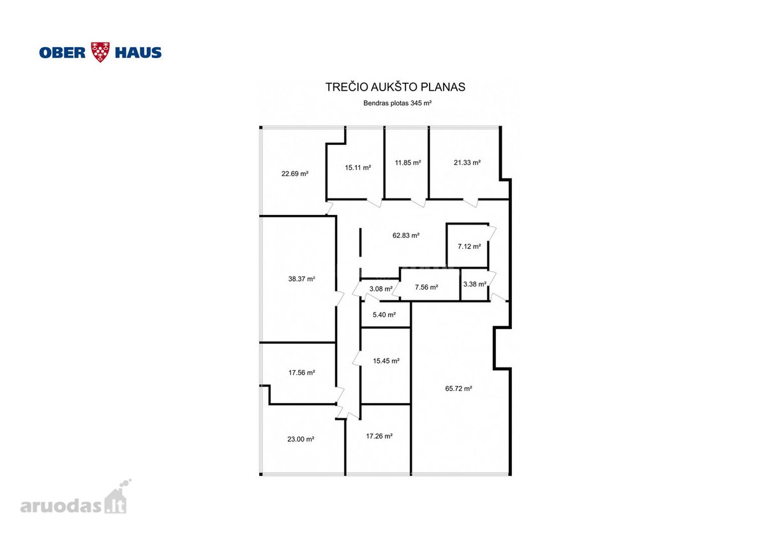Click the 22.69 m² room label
click(x=295, y=174)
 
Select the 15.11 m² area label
click(x=357, y=167)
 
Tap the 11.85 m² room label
click(x=408, y=163)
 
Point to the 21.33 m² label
click(x=467, y=163)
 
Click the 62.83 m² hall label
click(x=406, y=235)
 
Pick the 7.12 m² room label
click(x=469, y=246)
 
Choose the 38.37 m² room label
click(x=301, y=279)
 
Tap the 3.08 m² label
click(x=380, y=289)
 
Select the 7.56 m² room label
click(x=426, y=288)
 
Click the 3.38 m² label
click(x=475, y=284)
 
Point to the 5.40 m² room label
click(x=384, y=315)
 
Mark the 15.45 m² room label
click(x=386, y=361)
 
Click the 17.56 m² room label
click(x=301, y=373)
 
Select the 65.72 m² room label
click(x=458, y=389)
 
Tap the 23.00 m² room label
click(x=301, y=439)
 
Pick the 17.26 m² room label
click(x=379, y=436)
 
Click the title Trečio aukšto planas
click(x=395, y=87)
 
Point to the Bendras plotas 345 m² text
click(x=397, y=103)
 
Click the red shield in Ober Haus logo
click(x=100, y=52)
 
